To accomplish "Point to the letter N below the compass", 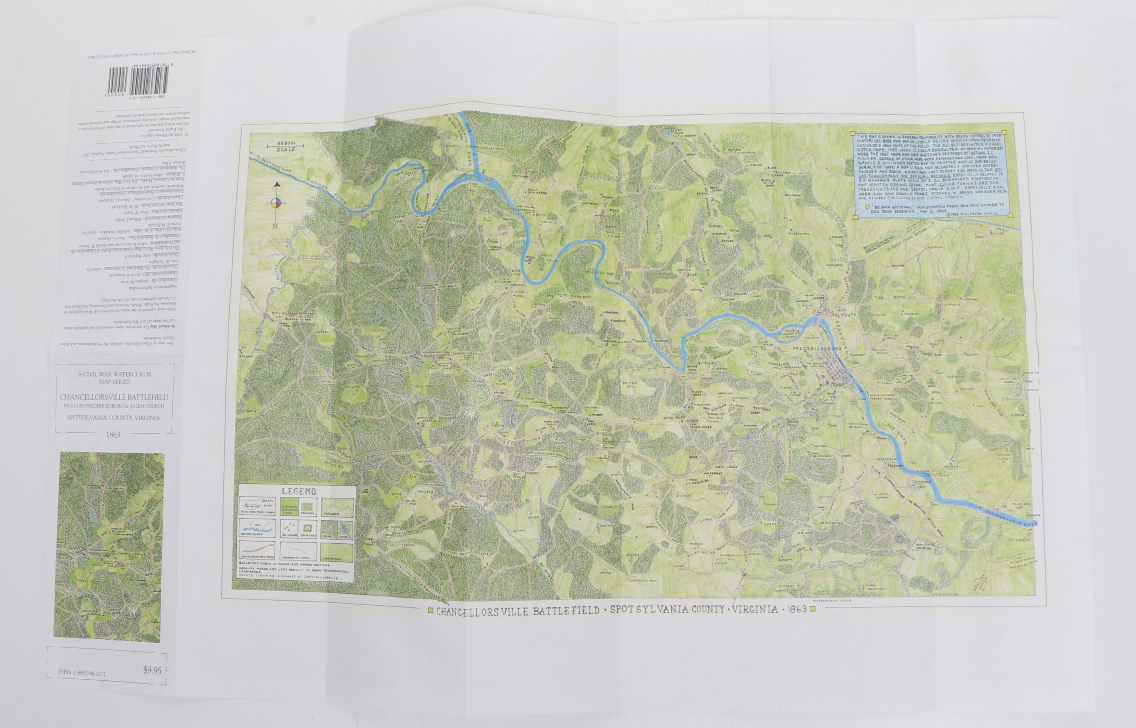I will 275,226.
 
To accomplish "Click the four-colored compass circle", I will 276,204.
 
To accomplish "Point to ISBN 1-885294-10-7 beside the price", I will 82,672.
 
